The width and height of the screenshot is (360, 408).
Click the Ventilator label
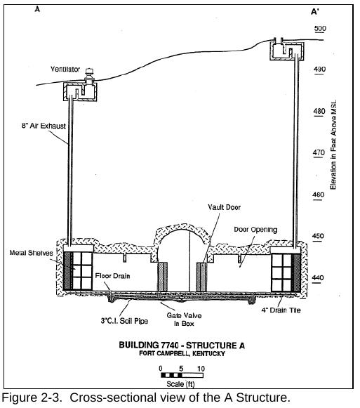coord(65,70)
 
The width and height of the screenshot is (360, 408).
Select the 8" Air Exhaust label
coord(44,126)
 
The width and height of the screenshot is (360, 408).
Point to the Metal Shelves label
coord(31,253)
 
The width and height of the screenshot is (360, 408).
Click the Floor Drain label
coord(112,276)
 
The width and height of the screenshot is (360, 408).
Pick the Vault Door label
coord(225,207)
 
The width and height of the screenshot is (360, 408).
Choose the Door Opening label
coord(255,230)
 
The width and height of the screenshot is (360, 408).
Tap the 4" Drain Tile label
coord(281,310)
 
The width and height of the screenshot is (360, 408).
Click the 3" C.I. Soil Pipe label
coord(124,321)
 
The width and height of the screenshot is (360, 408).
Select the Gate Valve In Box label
coord(184,320)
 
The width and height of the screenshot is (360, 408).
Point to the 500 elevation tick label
coord(320,28)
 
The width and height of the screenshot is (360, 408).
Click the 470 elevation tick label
coord(319,153)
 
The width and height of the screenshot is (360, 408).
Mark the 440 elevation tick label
coord(318,278)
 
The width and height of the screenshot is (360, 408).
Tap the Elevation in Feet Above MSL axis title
coord(333,145)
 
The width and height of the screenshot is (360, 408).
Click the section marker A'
coord(315,12)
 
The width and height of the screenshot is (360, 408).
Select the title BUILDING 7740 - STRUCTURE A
coord(182,346)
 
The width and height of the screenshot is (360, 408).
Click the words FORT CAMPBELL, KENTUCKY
coord(182,353)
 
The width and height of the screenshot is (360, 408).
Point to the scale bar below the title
coord(182,375)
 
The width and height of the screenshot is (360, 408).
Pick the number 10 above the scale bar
coord(201,369)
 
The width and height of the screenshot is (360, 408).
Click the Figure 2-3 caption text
coord(146,397)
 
